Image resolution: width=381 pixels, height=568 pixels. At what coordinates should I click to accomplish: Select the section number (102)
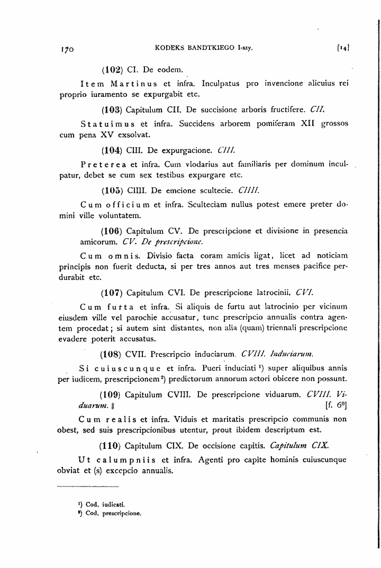pos(112,69)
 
